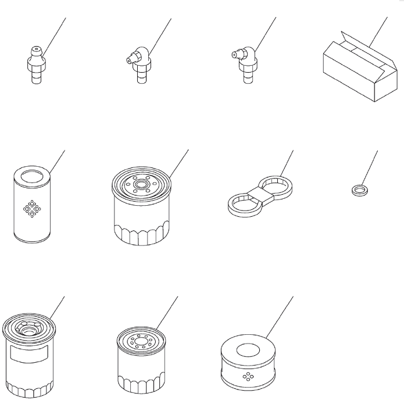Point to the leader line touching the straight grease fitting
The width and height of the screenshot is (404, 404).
click(x=55, y=32)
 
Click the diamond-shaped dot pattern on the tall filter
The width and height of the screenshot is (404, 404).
click(x=30, y=208)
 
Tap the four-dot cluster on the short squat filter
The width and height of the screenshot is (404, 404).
click(x=247, y=376)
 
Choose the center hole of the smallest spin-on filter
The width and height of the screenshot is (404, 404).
click(x=142, y=341)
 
